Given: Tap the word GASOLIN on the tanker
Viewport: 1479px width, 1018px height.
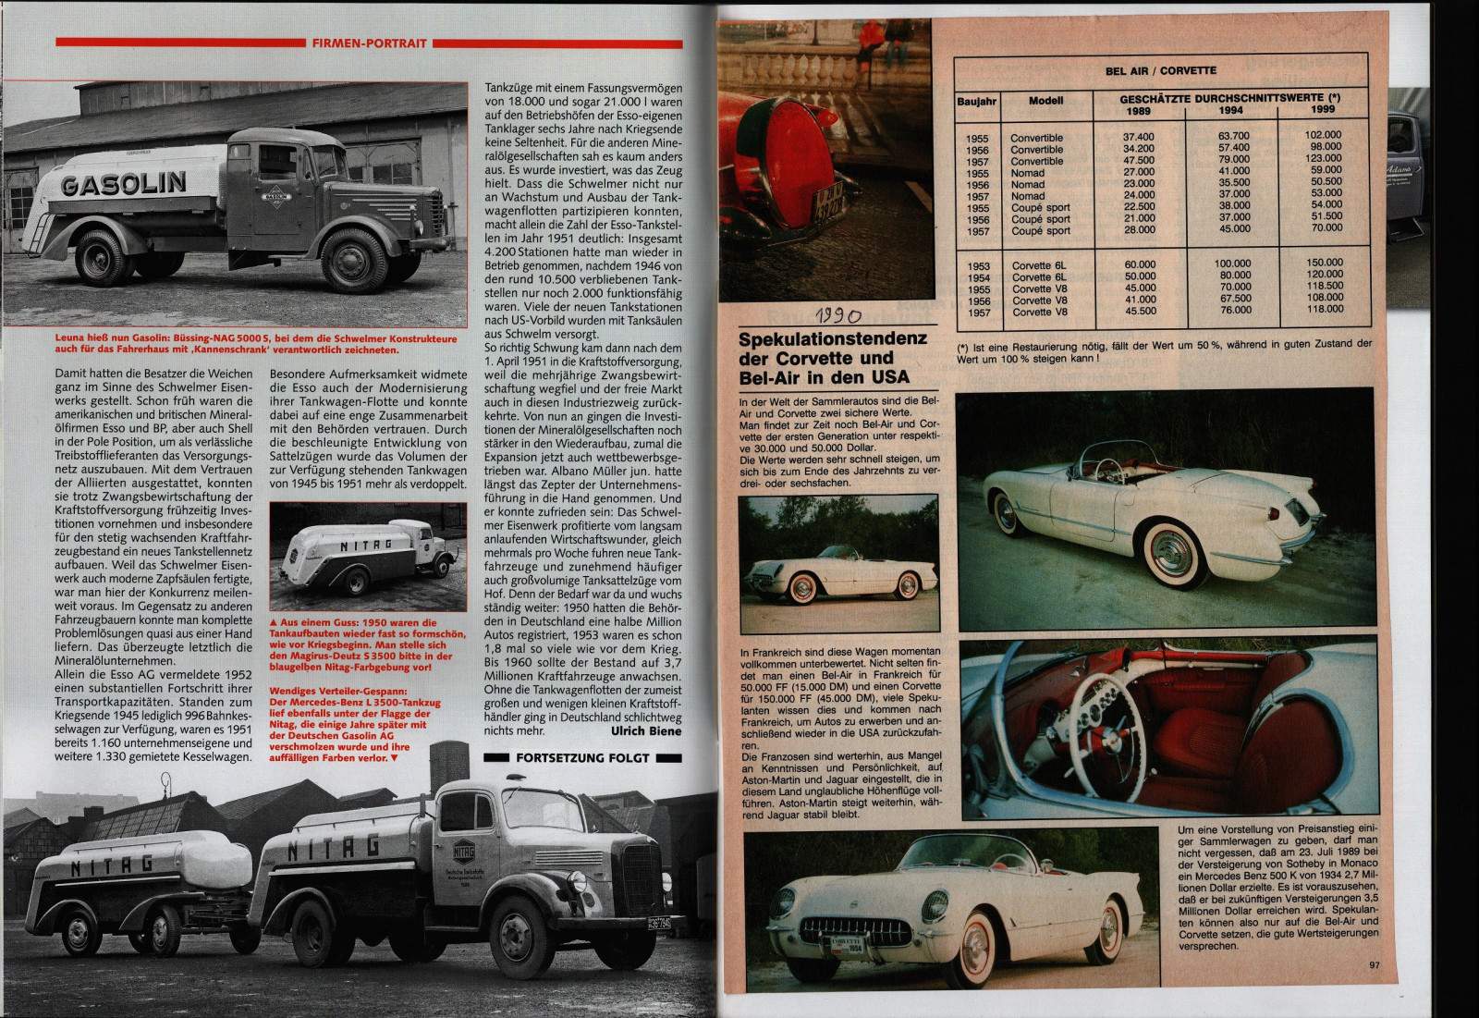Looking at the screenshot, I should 123,183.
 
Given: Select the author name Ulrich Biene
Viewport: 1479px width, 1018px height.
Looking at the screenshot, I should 646,730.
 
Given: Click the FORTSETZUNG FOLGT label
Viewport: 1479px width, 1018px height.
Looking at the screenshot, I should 582,758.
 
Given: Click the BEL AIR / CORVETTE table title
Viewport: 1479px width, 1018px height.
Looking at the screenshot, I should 1160,70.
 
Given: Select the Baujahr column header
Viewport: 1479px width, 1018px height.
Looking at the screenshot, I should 976,102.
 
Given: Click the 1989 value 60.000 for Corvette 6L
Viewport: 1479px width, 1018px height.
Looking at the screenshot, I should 1139,264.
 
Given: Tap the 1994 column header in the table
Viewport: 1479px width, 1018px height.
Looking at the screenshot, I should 1230,109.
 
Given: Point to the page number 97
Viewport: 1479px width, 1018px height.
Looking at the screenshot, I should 1375,965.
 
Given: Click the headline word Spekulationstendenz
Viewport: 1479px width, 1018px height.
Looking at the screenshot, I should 832,338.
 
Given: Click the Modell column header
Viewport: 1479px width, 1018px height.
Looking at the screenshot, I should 1045,102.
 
